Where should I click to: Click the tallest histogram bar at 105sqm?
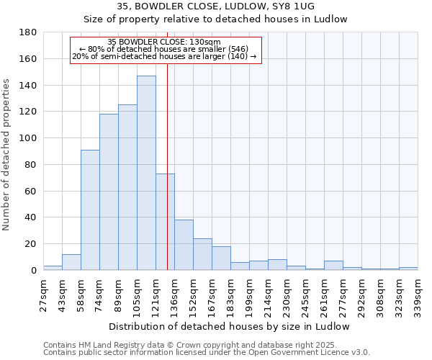click(146, 173)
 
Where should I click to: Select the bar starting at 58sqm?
click(90, 210)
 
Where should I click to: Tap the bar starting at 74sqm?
click(109, 192)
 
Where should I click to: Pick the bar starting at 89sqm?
click(127, 187)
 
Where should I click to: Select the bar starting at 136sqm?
click(184, 245)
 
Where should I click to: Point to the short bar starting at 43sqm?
click(71, 262)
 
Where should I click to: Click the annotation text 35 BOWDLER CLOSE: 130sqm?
click(163, 42)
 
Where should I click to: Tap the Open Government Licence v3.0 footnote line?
click(206, 353)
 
